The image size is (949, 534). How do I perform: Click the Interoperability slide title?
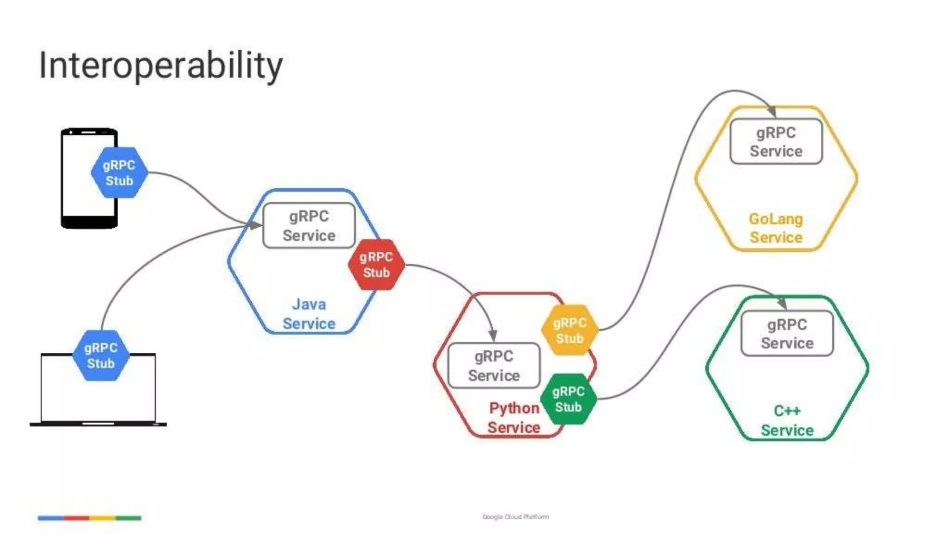[x=161, y=66]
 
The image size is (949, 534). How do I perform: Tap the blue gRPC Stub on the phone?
[x=119, y=173]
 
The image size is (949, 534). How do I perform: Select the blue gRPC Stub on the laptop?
[x=101, y=356]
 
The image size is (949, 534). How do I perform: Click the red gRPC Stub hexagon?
[x=376, y=265]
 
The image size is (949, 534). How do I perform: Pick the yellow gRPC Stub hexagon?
[x=569, y=330]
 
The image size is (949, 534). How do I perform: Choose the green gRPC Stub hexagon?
[x=568, y=399]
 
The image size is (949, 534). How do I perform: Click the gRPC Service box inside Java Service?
[x=309, y=226]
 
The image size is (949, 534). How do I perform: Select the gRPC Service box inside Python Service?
[x=494, y=366]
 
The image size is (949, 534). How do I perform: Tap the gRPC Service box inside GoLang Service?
[x=776, y=142]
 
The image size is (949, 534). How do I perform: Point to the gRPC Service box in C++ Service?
[x=787, y=334]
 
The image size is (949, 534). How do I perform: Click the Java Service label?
[x=309, y=314]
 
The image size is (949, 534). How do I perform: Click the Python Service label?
[x=514, y=418]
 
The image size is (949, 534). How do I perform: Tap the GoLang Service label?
[x=776, y=228]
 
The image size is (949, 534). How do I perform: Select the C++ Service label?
[x=787, y=420]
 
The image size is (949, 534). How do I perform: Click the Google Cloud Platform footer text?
[x=515, y=517]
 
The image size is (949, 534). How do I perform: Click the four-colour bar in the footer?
[x=89, y=518]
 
